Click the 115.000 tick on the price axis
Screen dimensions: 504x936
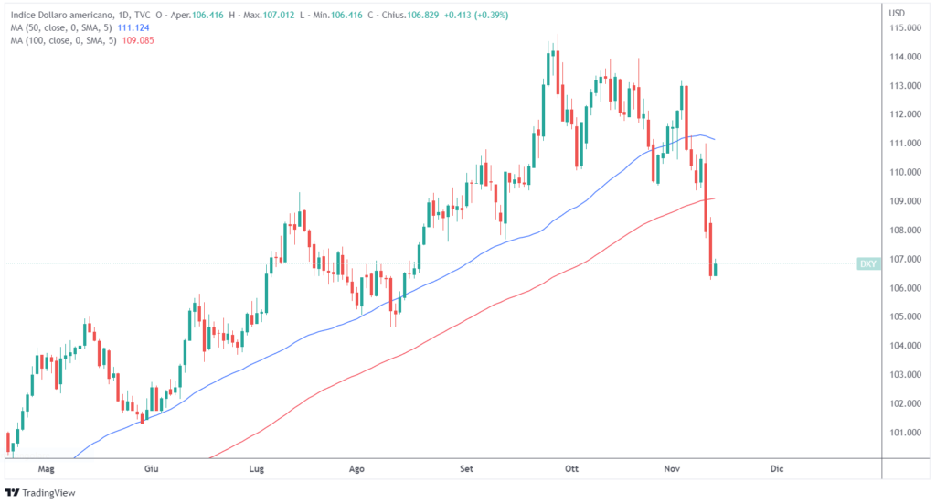(904, 27)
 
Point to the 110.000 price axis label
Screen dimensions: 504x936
(904, 172)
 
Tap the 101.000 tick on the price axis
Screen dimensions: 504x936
(904, 432)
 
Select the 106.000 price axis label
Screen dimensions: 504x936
(904, 288)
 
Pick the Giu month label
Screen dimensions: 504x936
(152, 468)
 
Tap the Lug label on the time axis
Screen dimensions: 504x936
(257, 468)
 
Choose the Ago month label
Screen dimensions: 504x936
(357, 468)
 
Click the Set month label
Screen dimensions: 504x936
(467, 468)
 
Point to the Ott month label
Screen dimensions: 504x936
(573, 468)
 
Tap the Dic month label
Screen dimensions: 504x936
(777, 468)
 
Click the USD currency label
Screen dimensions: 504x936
(897, 13)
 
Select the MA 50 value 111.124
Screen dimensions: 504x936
(134, 28)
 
